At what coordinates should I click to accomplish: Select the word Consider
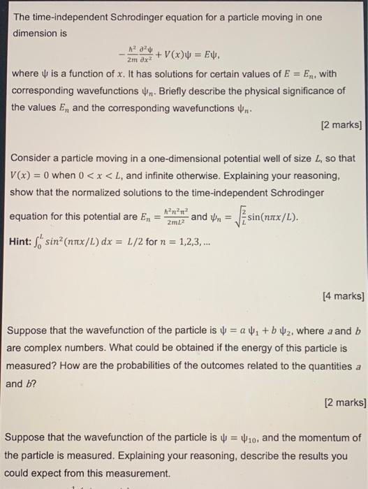tap(36, 158)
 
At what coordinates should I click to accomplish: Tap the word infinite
tap(191, 175)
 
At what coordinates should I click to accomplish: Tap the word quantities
tap(327, 365)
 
